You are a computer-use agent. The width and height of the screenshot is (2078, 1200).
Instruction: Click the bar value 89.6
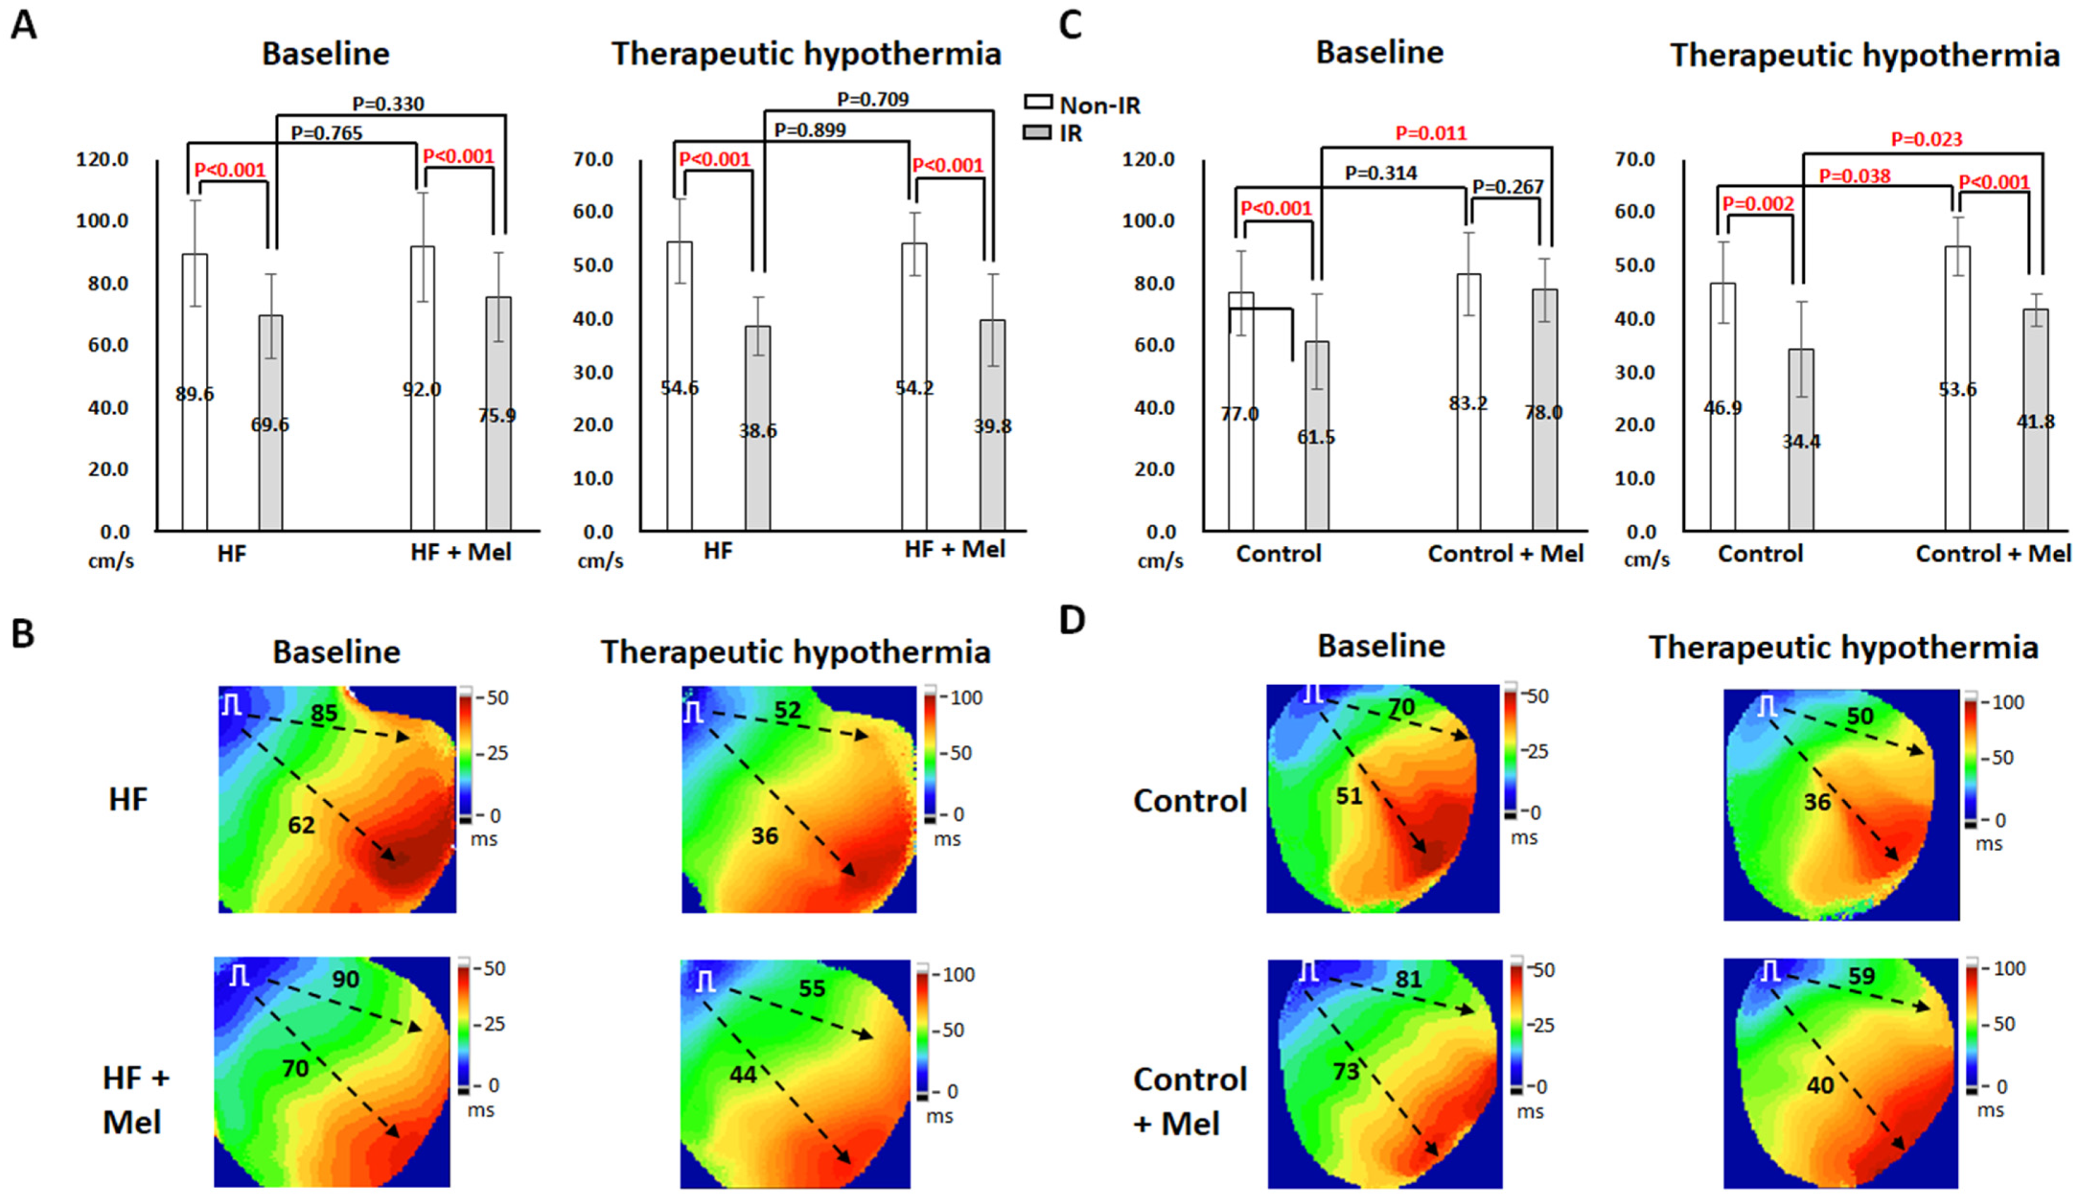[195, 395]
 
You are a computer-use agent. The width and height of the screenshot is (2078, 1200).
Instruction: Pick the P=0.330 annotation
[388, 104]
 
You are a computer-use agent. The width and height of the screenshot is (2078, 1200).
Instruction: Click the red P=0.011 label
[1431, 133]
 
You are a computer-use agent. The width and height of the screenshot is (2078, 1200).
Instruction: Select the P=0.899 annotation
[810, 129]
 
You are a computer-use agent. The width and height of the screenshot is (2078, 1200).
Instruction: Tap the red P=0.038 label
[1855, 175]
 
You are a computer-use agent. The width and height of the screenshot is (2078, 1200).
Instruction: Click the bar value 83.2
[1468, 404]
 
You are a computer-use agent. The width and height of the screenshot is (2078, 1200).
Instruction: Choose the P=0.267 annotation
[1508, 187]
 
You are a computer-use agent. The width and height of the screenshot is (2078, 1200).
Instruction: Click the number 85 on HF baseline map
[324, 712]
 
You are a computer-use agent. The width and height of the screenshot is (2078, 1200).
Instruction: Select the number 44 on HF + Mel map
[743, 1073]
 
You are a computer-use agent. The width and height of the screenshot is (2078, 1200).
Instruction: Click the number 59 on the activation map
[1861, 977]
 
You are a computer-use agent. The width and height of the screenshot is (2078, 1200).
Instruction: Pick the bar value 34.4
[1801, 442]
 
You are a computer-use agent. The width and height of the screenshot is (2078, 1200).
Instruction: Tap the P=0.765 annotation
[326, 133]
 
